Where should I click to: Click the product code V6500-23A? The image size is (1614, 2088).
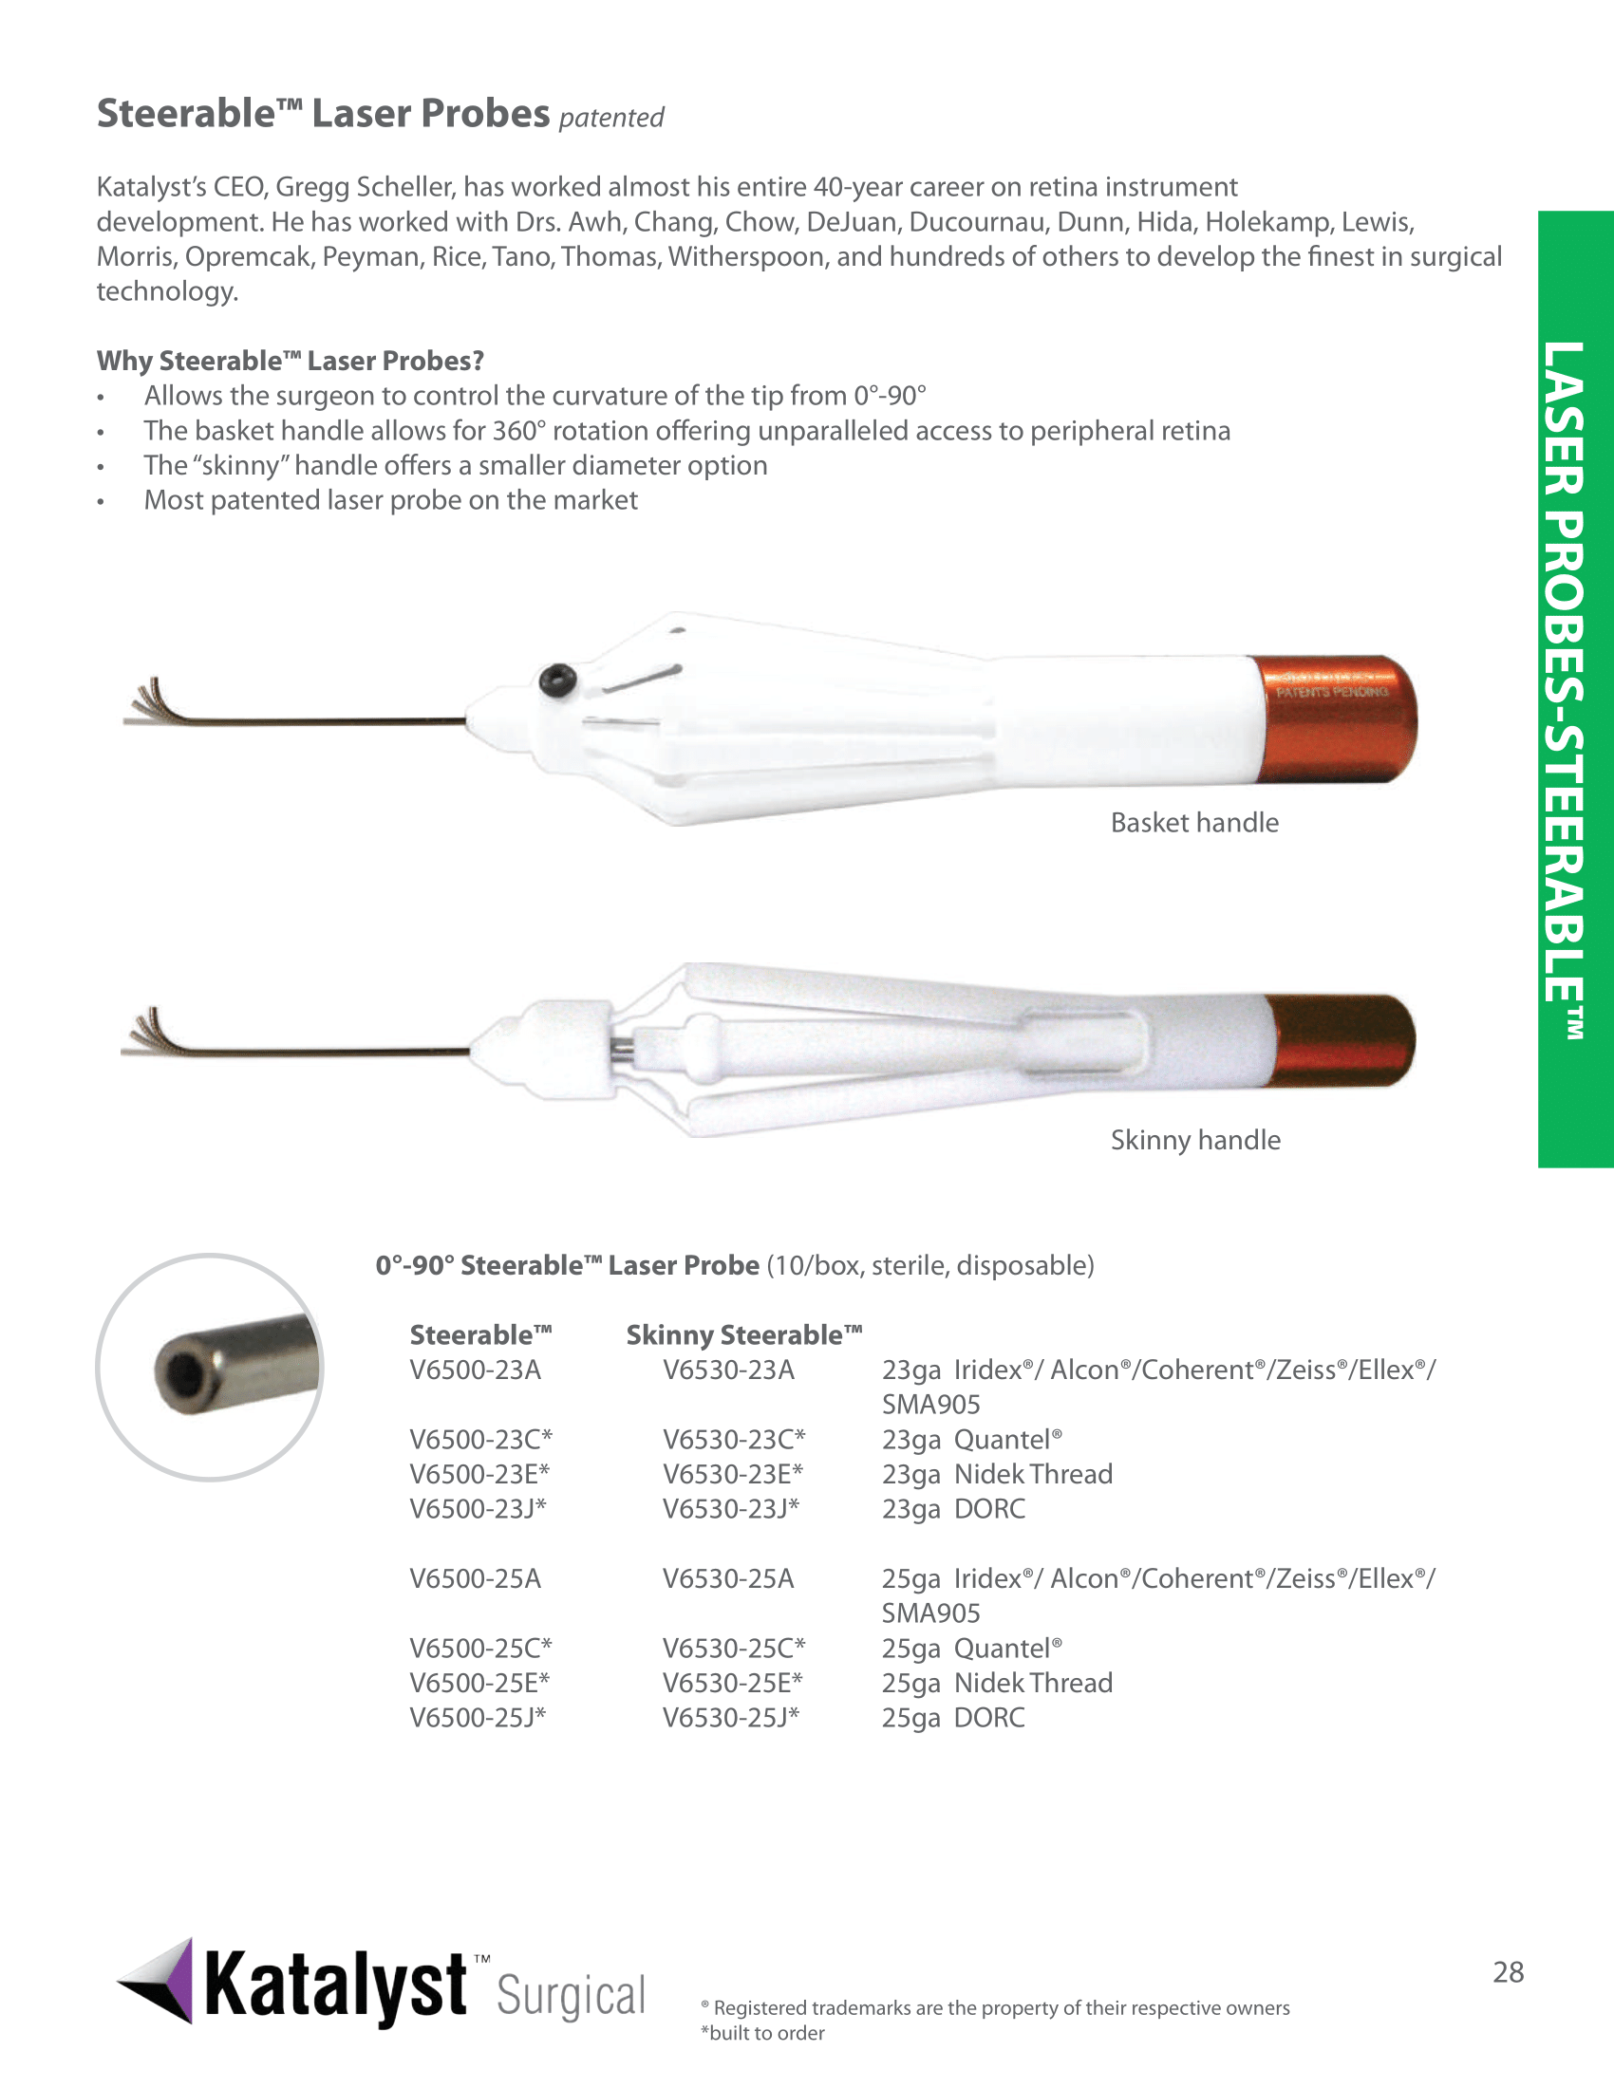pos(476,1370)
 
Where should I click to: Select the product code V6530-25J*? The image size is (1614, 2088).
pos(730,1717)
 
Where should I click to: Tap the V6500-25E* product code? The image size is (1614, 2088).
pos(480,1683)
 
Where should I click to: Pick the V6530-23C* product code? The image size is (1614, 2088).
pos(733,1439)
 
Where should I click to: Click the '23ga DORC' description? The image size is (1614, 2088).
pos(953,1509)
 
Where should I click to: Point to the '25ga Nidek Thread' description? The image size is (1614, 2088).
pos(996,1683)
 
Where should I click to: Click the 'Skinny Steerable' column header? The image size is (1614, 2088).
pos(744,1334)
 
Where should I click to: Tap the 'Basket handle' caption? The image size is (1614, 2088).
pos(1194,822)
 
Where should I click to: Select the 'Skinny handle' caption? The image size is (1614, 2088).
pos(1195,1140)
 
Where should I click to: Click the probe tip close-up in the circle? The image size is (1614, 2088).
pos(210,1367)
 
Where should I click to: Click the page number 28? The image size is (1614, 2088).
pos(1508,1971)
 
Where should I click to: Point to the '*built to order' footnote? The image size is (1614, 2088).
pos(762,2033)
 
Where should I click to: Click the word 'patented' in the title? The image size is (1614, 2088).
pos(611,118)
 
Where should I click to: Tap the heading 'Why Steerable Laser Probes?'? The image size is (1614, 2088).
pos(290,361)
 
